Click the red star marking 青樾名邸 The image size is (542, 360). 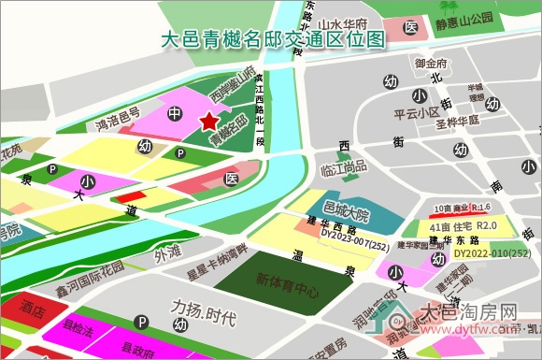pos(207,121)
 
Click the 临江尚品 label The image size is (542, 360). pos(343,167)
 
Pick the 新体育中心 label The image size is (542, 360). pos(287,280)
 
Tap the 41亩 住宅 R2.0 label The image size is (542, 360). pos(463,226)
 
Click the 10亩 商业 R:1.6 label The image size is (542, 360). pos(463,208)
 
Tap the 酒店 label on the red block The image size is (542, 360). pos(34,309)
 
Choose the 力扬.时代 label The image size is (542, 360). pos(203,307)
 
